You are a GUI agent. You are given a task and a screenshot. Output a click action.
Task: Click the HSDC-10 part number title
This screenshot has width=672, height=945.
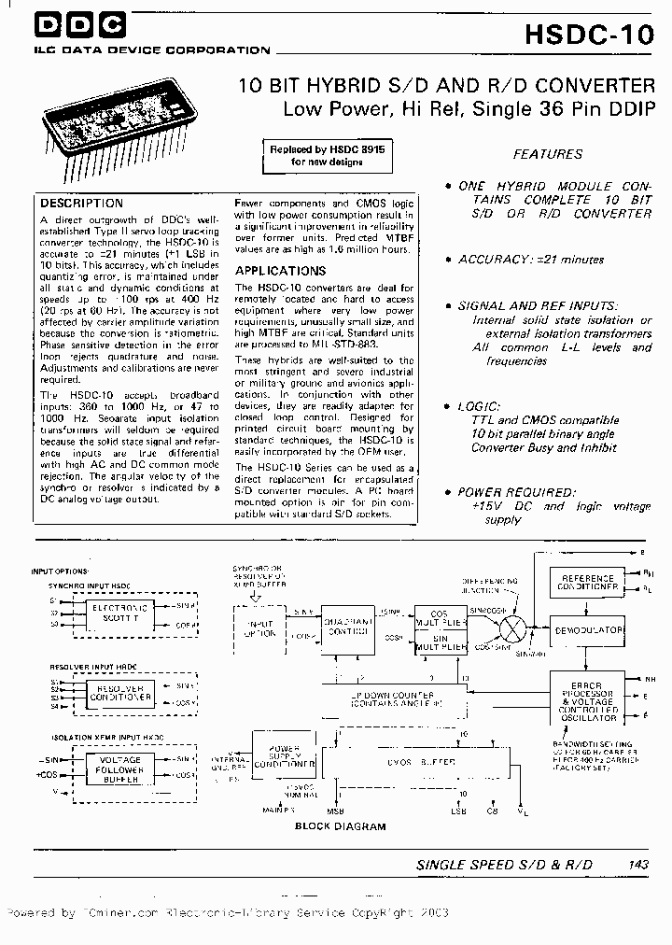point(589,34)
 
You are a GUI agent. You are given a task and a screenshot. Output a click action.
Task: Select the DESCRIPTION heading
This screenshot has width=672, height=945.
point(82,203)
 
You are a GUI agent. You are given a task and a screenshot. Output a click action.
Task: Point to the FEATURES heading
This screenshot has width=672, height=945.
point(548,154)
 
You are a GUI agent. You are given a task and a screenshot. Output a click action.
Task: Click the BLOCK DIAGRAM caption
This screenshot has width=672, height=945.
point(340,826)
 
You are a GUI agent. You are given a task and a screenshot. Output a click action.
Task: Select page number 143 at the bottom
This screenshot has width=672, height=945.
point(638,866)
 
